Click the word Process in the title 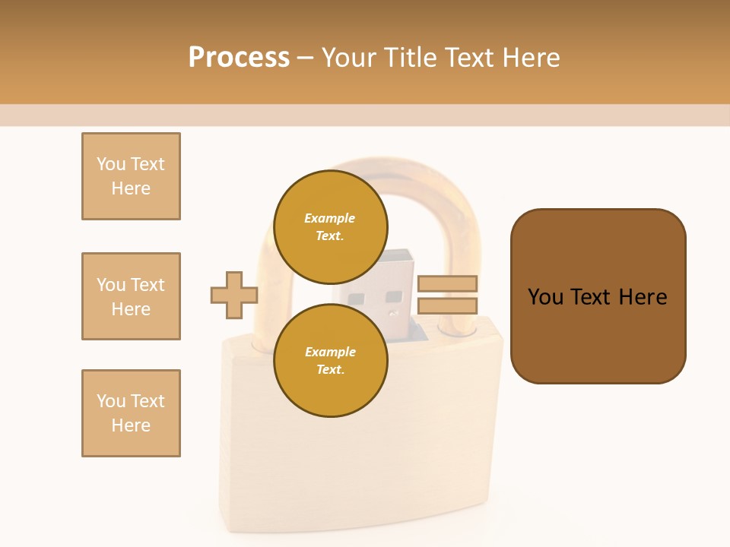[239, 58]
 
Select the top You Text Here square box [131, 176]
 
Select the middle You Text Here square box [131, 296]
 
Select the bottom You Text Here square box [131, 413]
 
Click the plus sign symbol [234, 295]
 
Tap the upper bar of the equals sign [447, 283]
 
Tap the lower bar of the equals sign [447, 306]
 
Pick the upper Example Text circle [331, 226]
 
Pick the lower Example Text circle [331, 360]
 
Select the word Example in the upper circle [329, 218]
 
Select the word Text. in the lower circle [330, 369]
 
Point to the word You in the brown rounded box [545, 297]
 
